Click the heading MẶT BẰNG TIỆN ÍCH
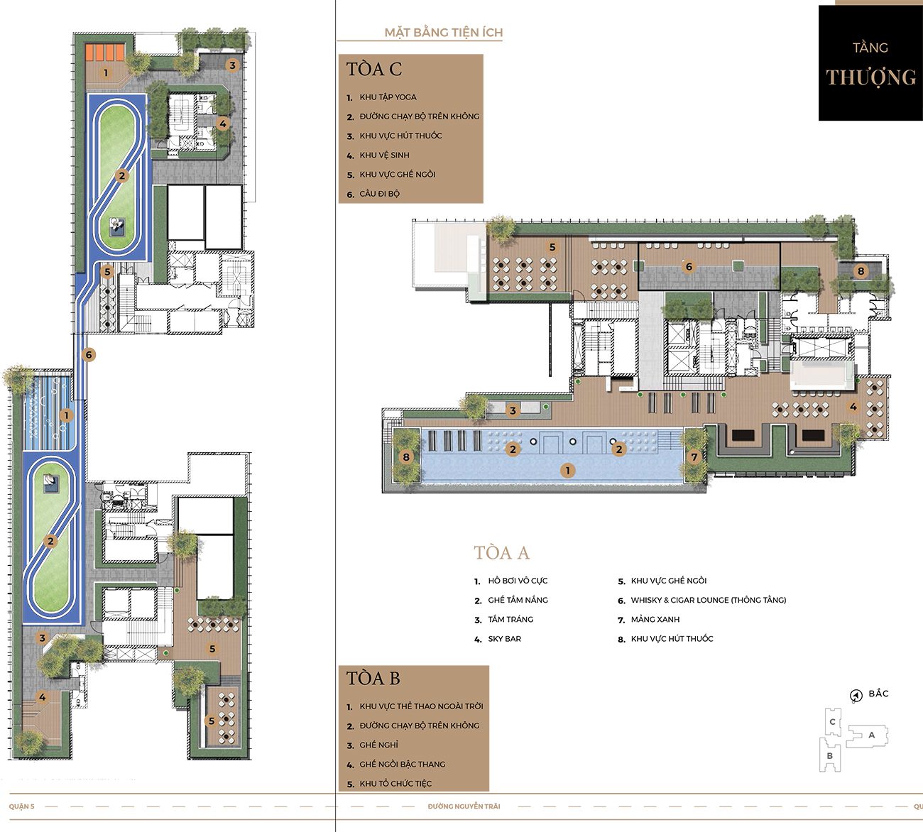click(x=444, y=33)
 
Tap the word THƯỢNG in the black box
click(x=871, y=77)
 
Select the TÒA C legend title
click(x=374, y=69)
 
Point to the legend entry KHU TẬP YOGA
click(x=388, y=97)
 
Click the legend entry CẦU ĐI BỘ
click(x=380, y=194)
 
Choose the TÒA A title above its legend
click(x=501, y=553)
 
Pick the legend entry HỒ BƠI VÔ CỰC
click(x=518, y=581)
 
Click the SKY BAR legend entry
click(x=505, y=639)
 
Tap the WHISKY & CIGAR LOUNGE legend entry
click(x=709, y=600)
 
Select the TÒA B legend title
click(x=373, y=678)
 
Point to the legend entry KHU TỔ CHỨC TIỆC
click(x=395, y=784)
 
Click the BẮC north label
click(x=878, y=694)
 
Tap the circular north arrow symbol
click(x=856, y=696)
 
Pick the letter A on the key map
click(x=871, y=735)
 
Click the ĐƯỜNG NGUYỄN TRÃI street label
click(x=464, y=806)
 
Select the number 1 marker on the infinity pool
click(x=568, y=470)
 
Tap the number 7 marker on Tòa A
click(x=694, y=457)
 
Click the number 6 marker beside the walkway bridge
click(x=89, y=354)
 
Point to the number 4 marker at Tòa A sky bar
click(x=853, y=407)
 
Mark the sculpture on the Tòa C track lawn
click(x=116, y=226)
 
